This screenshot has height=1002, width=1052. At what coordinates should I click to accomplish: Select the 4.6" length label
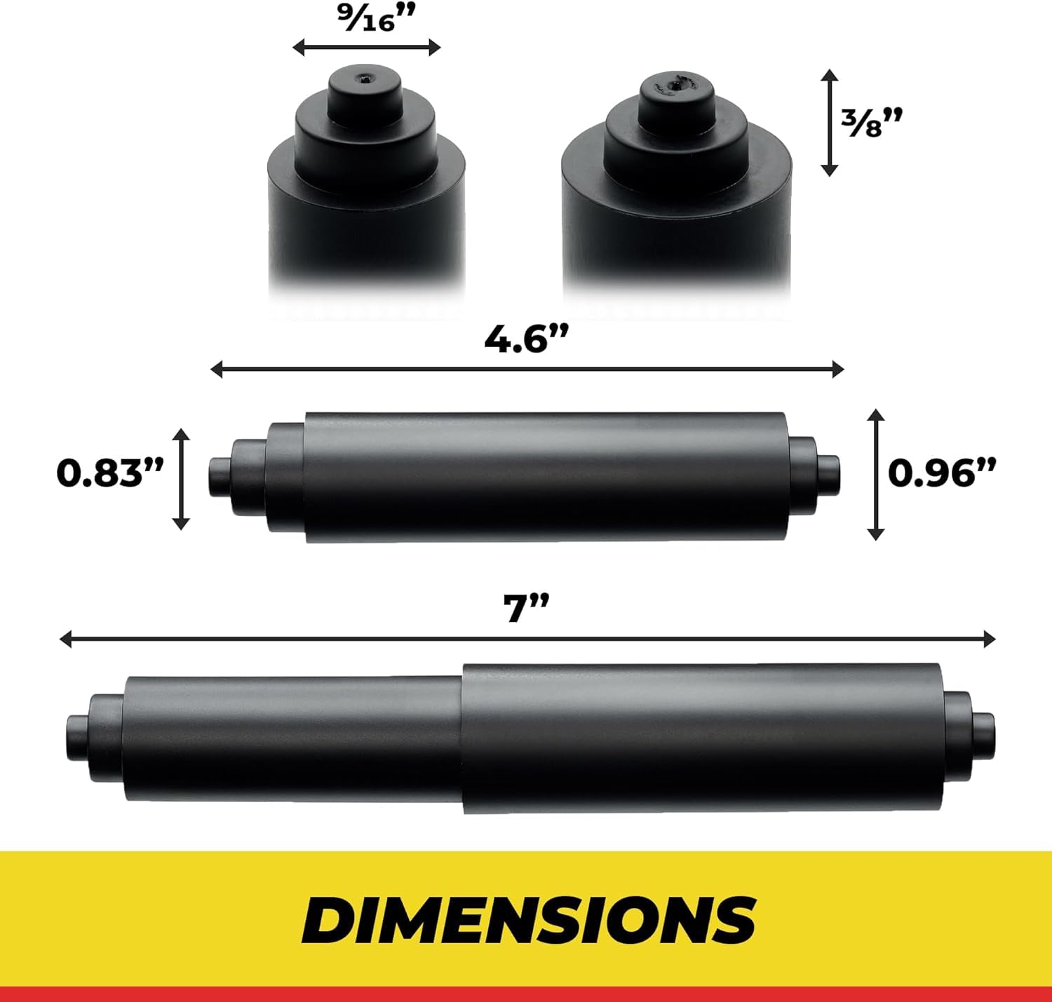point(527,339)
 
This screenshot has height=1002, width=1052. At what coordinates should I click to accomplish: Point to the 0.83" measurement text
point(110,474)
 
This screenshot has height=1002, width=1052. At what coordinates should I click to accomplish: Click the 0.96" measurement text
point(943,474)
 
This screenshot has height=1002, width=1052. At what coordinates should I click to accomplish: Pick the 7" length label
point(527,609)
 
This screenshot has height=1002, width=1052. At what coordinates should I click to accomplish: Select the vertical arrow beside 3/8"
point(830,123)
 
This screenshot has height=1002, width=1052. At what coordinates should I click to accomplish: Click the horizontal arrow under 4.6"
point(527,369)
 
